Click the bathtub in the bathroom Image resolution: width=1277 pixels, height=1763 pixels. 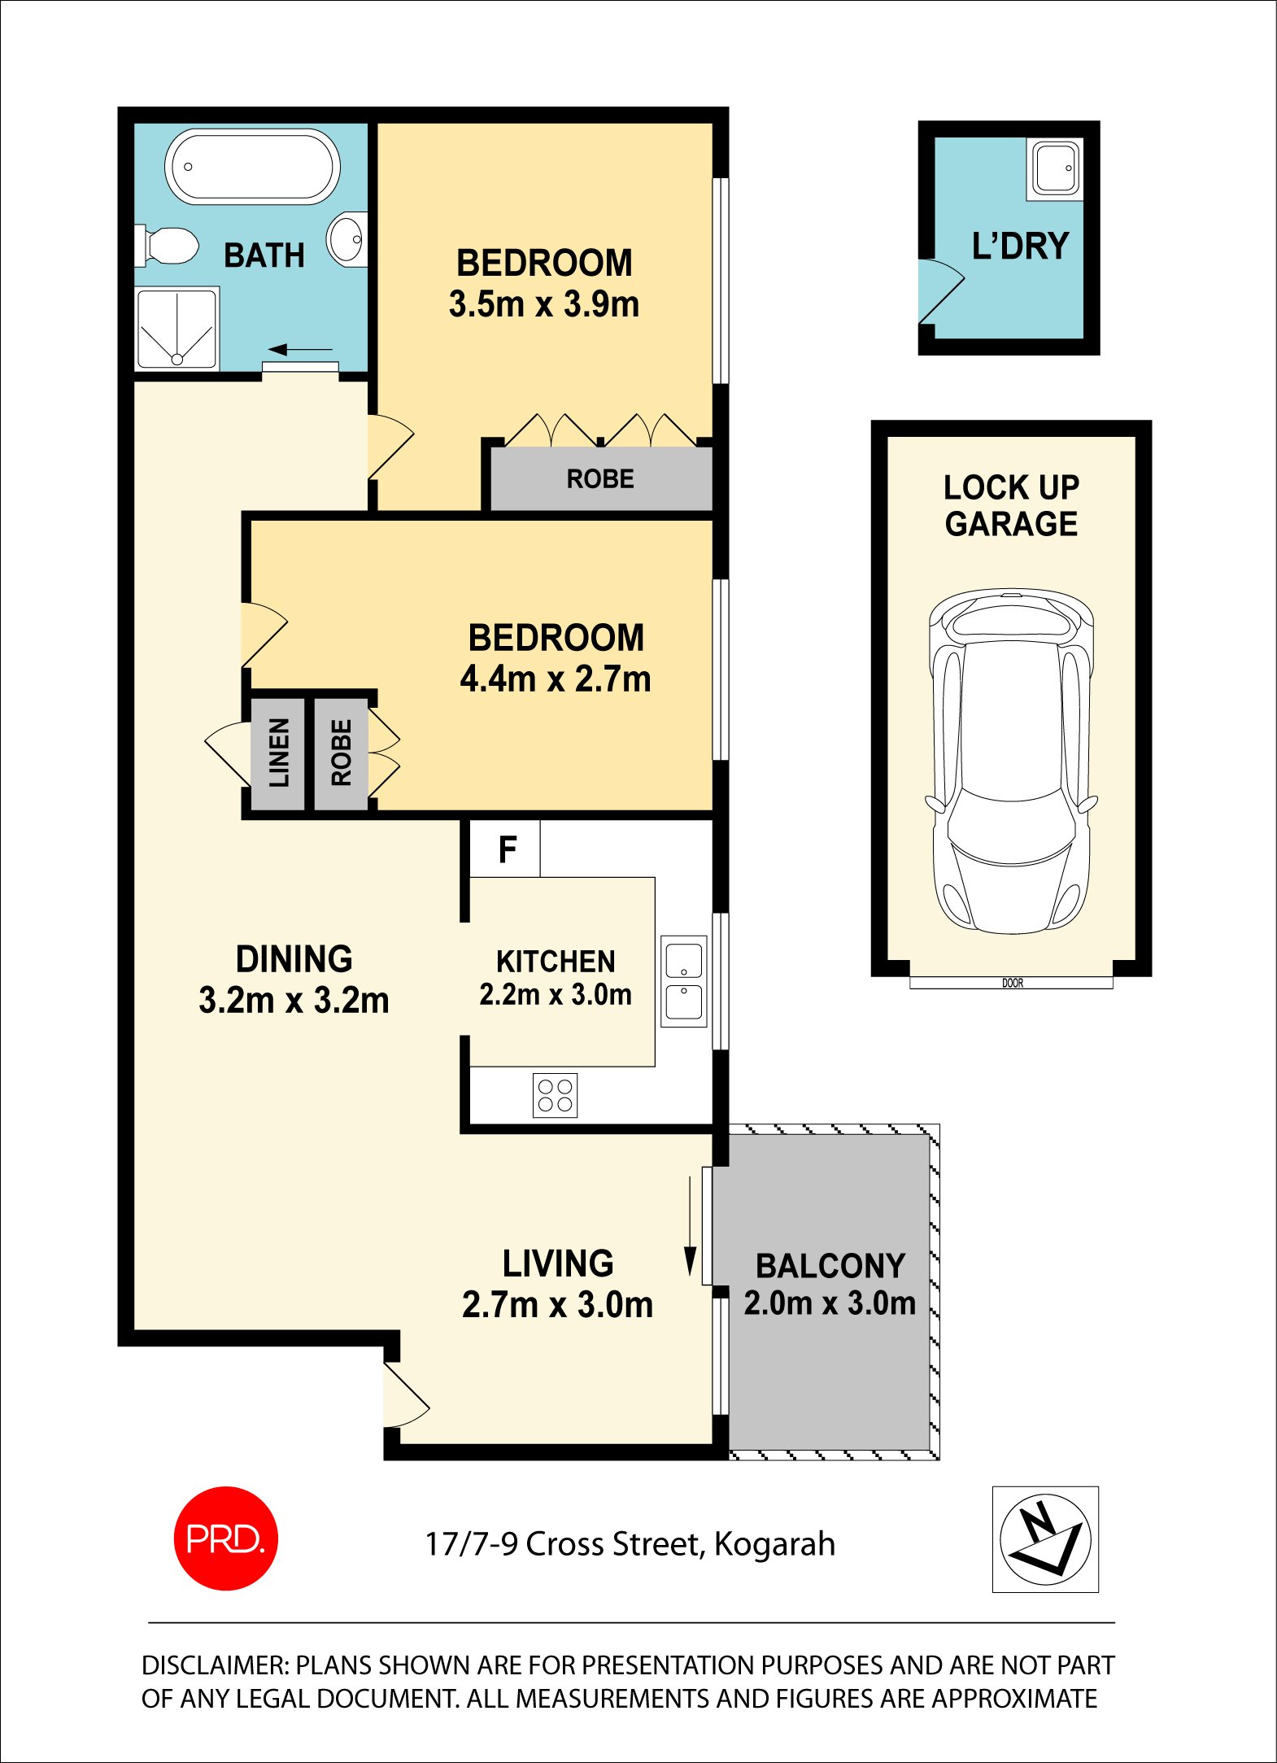point(252,168)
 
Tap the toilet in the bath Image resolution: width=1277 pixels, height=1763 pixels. point(168,246)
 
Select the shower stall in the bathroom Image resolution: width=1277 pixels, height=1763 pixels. point(177,328)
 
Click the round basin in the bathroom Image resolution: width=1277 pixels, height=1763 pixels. point(347,239)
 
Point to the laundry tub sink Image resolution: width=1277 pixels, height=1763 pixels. point(1056,168)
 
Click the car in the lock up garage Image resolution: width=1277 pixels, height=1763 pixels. point(1011,761)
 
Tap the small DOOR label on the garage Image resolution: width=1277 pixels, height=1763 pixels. point(1012,983)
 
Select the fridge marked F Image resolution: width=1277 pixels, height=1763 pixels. point(506,849)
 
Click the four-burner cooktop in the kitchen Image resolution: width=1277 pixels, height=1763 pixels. point(555,1094)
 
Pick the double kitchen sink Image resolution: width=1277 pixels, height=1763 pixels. point(683,980)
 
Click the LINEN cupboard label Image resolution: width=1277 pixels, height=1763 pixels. point(278,753)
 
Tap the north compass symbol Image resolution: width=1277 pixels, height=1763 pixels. point(1045,1539)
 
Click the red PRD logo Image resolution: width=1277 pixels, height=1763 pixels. point(225,1538)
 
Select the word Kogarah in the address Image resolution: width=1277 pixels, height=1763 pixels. point(774,1544)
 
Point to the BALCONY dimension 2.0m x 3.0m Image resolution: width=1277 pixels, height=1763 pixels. point(830,1303)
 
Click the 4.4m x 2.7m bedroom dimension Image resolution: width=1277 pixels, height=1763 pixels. point(556,679)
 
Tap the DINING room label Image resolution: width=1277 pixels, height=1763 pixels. point(294,959)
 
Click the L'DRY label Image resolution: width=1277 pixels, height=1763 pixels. point(1020,246)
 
